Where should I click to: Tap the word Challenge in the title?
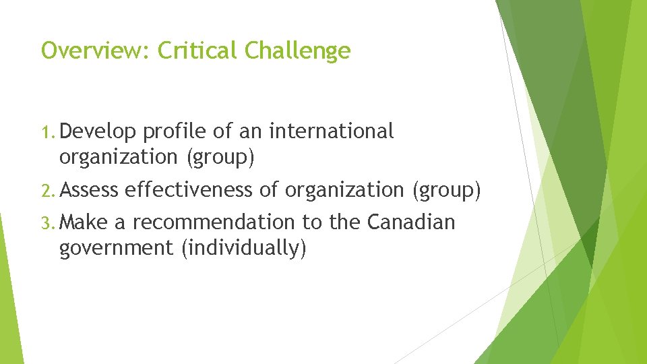pyautogui.click(x=298, y=51)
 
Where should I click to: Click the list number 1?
pyautogui.click(x=51, y=132)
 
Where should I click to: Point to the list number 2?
pyautogui.click(x=51, y=191)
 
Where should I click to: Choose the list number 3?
pyautogui.click(x=51, y=222)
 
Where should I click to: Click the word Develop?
pyautogui.click(x=98, y=132)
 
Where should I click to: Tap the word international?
pyautogui.click(x=331, y=131)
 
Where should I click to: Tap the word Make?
pyautogui.click(x=83, y=222)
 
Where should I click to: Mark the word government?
pyautogui.click(x=116, y=248)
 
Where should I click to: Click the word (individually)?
pyautogui.click(x=243, y=248)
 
